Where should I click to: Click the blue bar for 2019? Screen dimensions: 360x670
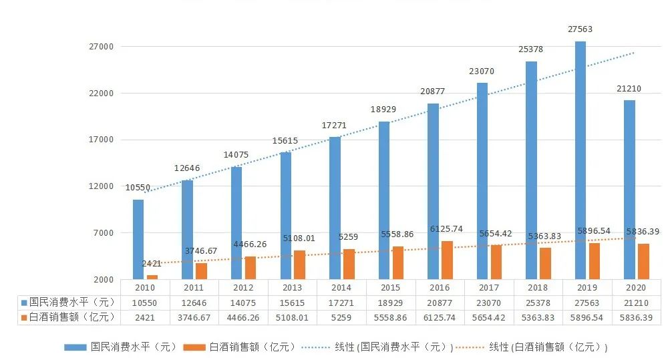(x=580, y=160)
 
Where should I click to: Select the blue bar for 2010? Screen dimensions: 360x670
(x=138, y=239)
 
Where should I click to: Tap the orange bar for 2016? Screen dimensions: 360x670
(x=447, y=260)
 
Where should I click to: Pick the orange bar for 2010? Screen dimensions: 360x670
(x=152, y=277)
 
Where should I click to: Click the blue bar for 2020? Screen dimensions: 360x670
(x=629, y=190)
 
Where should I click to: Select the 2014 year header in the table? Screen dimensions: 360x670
(x=341, y=288)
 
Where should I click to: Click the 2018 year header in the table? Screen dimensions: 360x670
(x=538, y=288)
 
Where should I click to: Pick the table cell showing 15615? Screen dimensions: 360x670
(x=293, y=303)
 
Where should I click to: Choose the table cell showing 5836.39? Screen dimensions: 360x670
(x=637, y=317)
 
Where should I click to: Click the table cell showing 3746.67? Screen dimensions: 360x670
(x=194, y=317)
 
